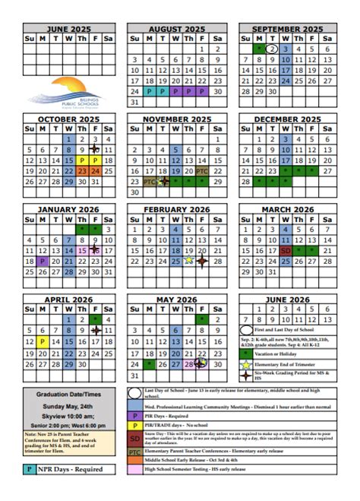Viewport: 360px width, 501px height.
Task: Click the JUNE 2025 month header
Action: (x=68, y=29)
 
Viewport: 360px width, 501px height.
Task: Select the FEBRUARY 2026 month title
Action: (x=177, y=209)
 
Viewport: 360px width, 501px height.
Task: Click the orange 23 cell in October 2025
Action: (x=81, y=171)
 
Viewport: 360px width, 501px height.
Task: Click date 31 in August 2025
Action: (x=135, y=101)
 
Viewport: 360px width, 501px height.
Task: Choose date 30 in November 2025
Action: (x=135, y=192)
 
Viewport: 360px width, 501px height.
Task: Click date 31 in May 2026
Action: (x=135, y=375)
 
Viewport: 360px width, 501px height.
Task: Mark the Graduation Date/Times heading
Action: (x=68, y=395)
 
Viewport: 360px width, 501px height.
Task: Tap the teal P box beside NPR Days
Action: (x=29, y=469)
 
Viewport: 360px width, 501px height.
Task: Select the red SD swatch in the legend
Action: (x=134, y=439)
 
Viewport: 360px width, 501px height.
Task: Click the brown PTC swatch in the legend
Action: (x=134, y=452)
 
